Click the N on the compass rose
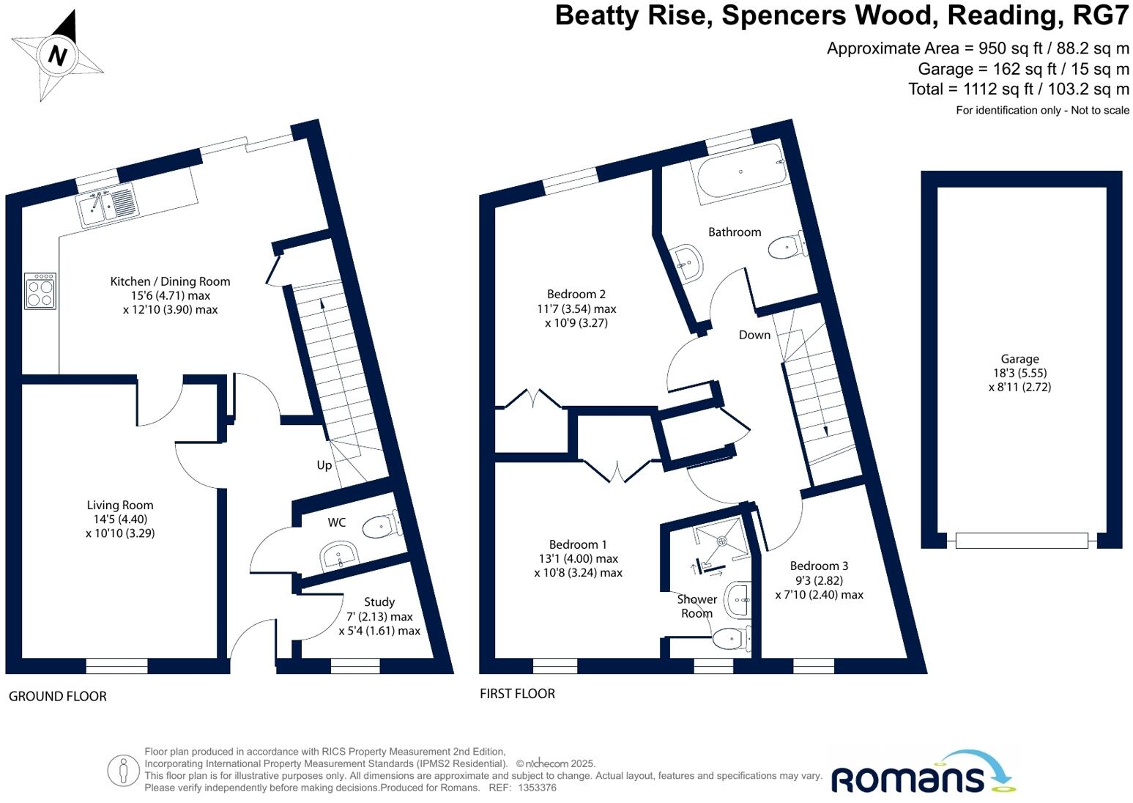(58, 56)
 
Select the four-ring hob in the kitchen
(40, 292)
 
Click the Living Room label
(120, 505)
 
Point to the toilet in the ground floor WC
(381, 525)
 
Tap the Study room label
(379, 602)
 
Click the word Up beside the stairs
(324, 465)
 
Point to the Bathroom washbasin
(688, 261)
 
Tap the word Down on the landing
(754, 335)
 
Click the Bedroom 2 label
(576, 295)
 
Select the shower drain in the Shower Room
(721, 541)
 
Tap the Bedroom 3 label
(819, 566)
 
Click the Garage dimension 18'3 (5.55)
(1019, 373)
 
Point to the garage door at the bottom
(1021, 541)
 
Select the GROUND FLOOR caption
(58, 696)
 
